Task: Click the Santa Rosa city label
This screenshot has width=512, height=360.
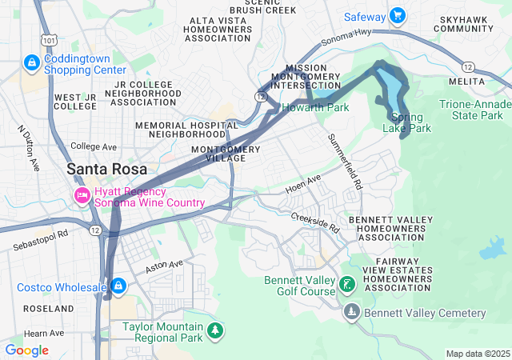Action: (106, 169)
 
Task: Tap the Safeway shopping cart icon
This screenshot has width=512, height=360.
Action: (398, 16)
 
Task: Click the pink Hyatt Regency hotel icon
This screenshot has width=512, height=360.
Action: (81, 196)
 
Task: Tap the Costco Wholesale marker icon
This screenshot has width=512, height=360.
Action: (118, 286)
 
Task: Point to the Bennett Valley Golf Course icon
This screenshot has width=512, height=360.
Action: (346, 285)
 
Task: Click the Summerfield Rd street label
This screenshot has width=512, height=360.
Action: (345, 161)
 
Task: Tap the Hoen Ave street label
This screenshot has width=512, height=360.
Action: (303, 183)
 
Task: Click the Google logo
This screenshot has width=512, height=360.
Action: (26, 350)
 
